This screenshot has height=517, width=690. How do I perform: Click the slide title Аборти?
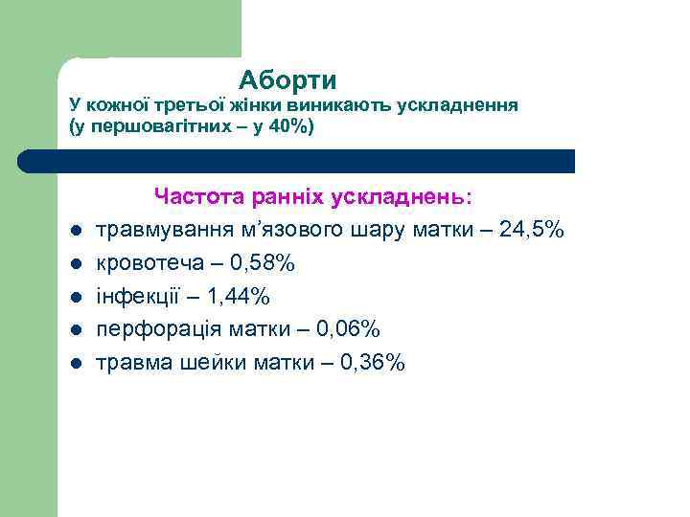click(287, 79)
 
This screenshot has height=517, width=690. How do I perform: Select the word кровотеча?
click(150, 263)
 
